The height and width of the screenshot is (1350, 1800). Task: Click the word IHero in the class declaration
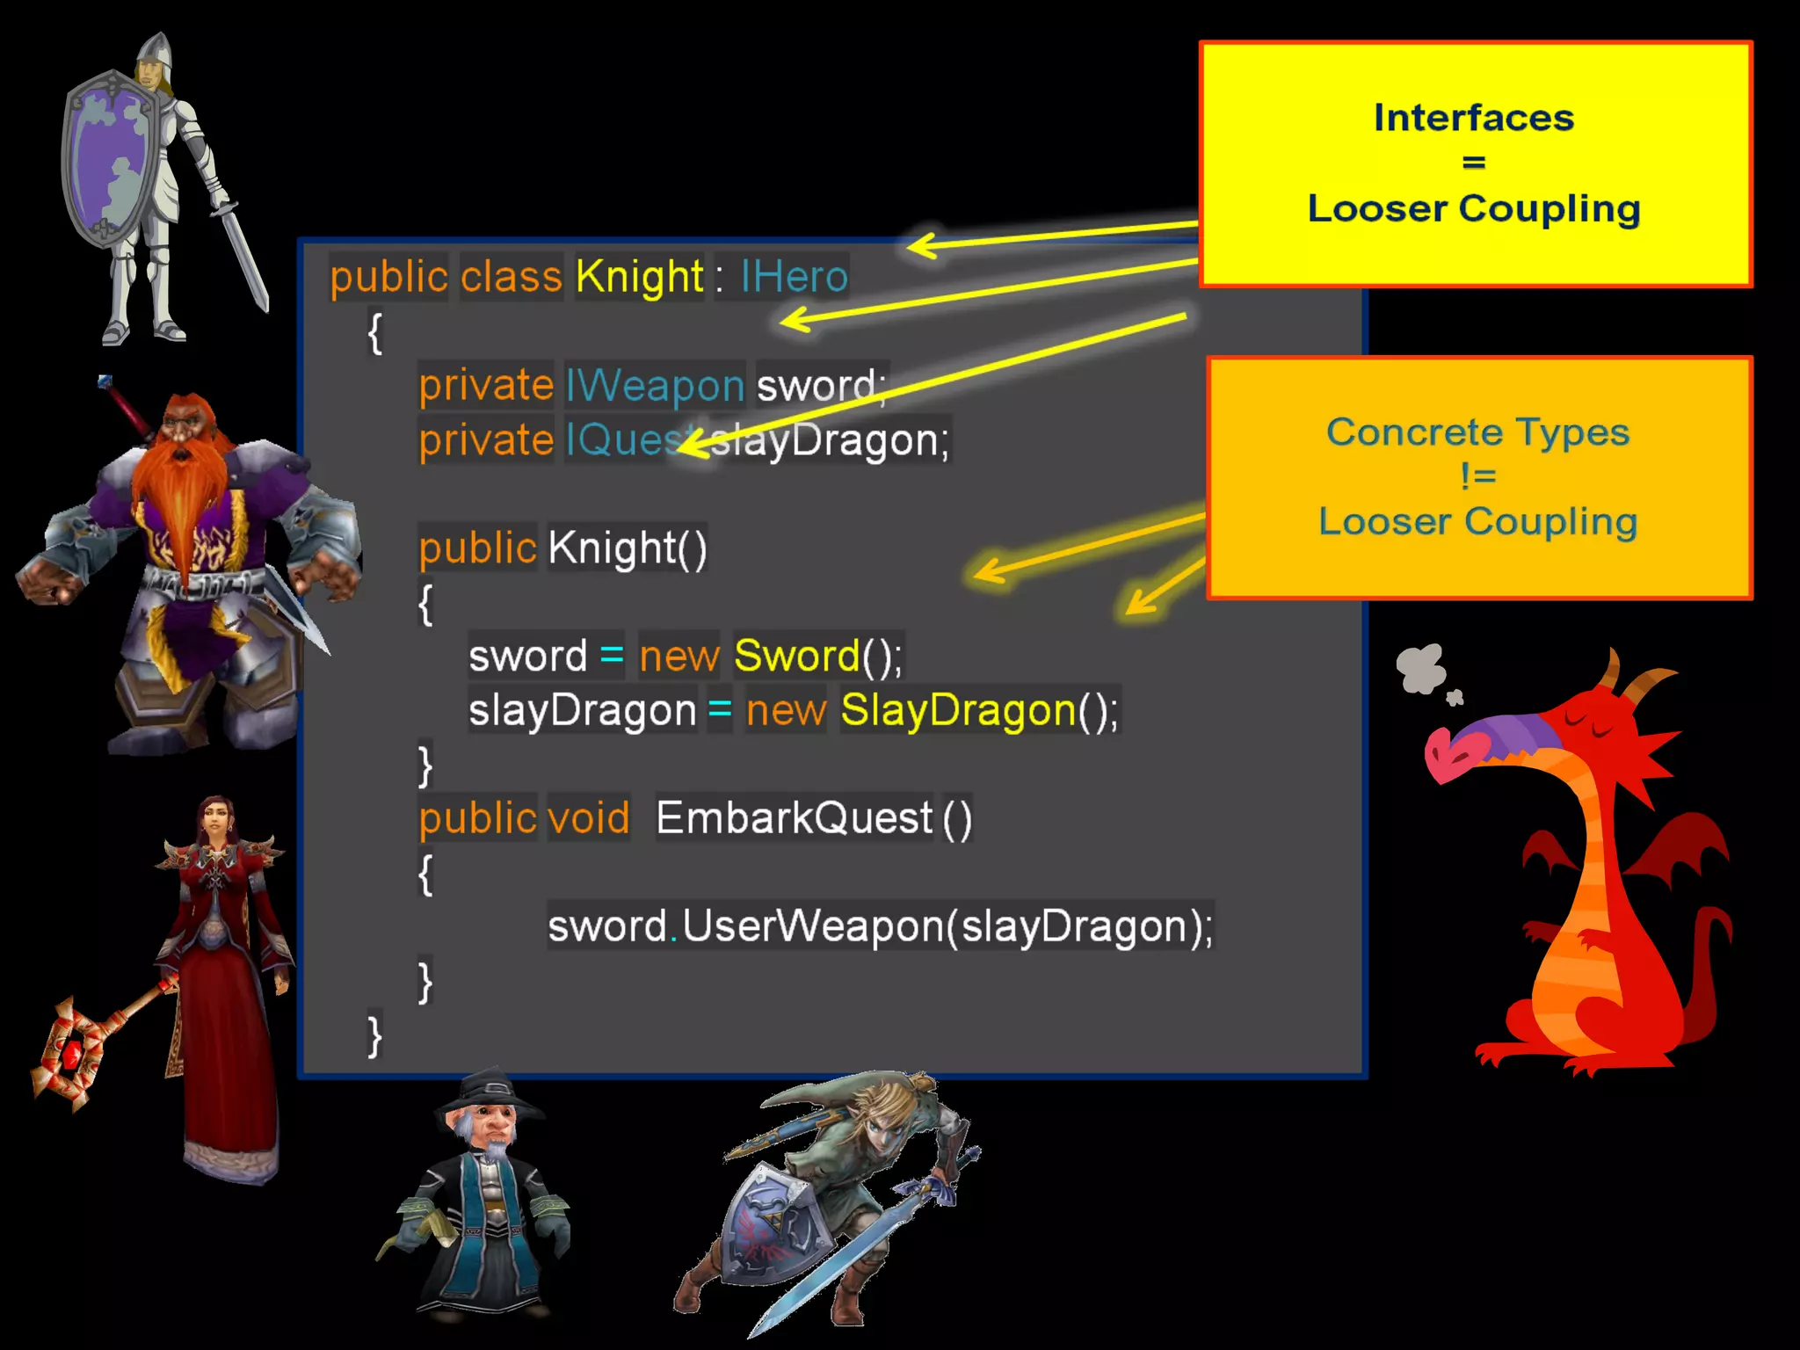click(794, 277)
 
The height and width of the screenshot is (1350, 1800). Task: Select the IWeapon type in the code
click(655, 386)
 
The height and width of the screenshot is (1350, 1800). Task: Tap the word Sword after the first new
click(796, 656)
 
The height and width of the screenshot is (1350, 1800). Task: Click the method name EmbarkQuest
click(794, 818)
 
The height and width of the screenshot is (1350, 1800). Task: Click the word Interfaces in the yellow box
click(1474, 118)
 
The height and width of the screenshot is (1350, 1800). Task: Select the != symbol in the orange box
click(1477, 476)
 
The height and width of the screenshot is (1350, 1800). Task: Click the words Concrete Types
click(1477, 432)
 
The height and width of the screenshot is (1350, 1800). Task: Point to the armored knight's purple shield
click(107, 158)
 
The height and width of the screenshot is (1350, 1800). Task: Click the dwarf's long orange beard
click(180, 492)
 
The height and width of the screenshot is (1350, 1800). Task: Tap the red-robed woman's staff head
click(70, 1050)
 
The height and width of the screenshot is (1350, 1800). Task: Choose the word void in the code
click(588, 818)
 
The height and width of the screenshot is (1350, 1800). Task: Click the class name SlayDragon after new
click(958, 710)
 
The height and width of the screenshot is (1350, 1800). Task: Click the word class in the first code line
click(511, 277)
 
